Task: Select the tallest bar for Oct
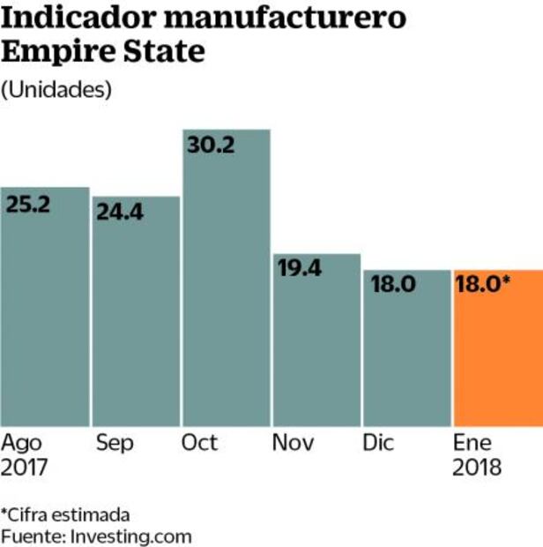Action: pyautogui.click(x=226, y=291)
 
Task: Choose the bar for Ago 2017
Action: pyautogui.click(x=44, y=318)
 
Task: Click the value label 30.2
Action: pyautogui.click(x=212, y=146)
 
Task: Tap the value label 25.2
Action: pyautogui.click(x=30, y=205)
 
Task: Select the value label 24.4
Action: pyautogui.click(x=121, y=213)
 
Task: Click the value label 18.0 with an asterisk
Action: pyautogui.click(x=484, y=286)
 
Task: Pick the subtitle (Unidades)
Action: pyautogui.click(x=57, y=89)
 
